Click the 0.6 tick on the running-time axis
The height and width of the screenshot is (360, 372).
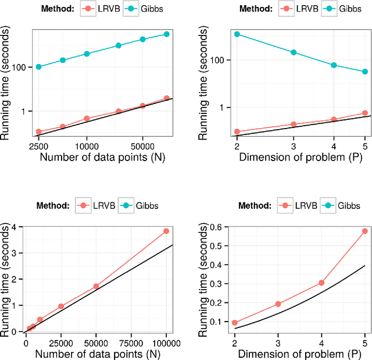[221, 227]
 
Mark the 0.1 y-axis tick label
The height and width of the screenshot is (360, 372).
[221, 322]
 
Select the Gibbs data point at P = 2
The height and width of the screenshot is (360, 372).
[237, 34]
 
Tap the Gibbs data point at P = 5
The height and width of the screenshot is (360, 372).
[365, 72]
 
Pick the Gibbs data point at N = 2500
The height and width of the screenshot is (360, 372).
[38, 67]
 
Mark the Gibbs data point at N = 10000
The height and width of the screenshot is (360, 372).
[87, 54]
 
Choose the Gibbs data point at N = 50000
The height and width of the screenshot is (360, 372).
[142, 40]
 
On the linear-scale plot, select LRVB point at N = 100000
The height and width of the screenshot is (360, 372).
[166, 231]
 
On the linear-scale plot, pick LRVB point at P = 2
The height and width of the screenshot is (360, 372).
[235, 323]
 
